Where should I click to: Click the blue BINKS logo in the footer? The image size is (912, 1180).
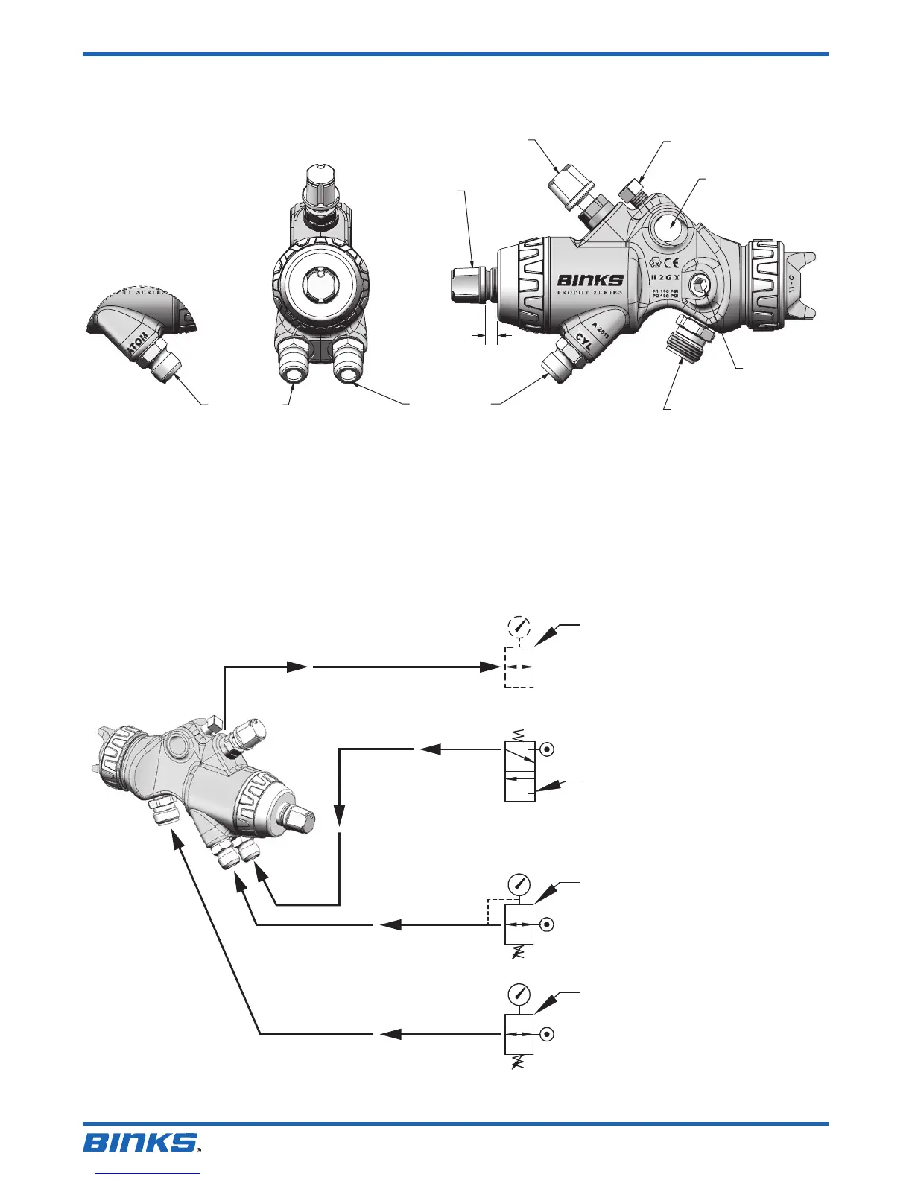pyautogui.click(x=142, y=1141)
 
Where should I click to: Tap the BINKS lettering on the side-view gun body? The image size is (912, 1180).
pyautogui.click(x=590, y=281)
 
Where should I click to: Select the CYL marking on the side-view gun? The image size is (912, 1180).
pyautogui.click(x=583, y=343)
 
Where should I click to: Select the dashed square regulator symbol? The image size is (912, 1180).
pyautogui.click(x=519, y=667)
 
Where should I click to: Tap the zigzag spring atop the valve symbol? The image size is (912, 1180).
pyautogui.click(x=519, y=735)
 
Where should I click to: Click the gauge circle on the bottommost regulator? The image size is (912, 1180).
pyautogui.click(x=519, y=994)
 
